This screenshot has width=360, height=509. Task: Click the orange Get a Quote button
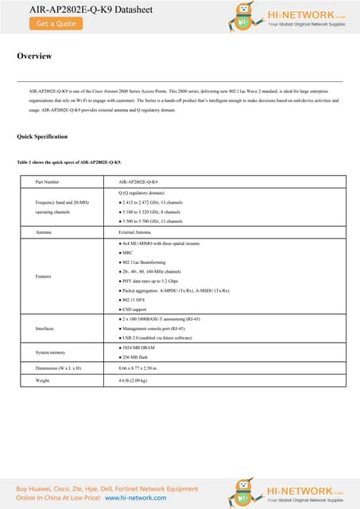pyautogui.click(x=56, y=24)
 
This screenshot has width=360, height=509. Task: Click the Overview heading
pyautogui.click(x=34, y=56)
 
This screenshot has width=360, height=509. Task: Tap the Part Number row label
pyautogui.click(x=48, y=182)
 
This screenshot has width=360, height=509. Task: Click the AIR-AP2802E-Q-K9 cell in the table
pyautogui.click(x=137, y=182)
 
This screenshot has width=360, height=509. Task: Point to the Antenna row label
pyautogui.click(x=44, y=231)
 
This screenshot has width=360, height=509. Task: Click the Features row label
pyautogui.click(x=45, y=276)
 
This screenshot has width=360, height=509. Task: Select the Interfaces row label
pyautogui.click(x=46, y=328)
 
